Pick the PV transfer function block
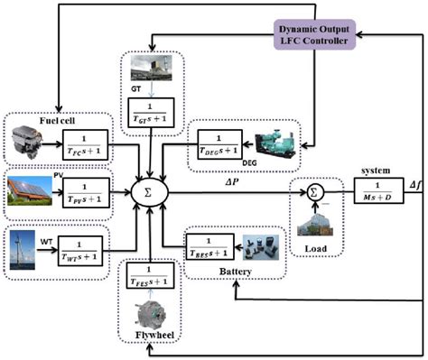point(85,191)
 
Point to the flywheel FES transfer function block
point(150,272)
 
